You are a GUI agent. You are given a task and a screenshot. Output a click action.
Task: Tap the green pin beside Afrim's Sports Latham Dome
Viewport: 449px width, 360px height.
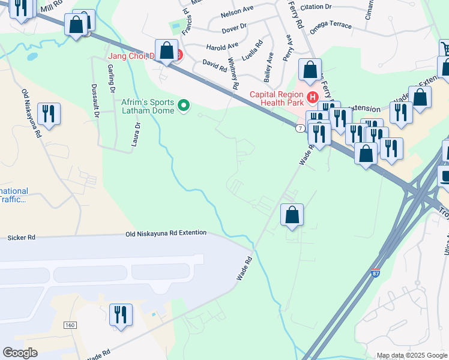point(185,107)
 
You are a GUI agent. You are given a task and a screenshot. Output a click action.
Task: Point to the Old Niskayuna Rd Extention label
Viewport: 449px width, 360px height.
point(166,233)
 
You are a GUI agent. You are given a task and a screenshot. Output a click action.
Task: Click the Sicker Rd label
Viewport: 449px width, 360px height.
point(21,238)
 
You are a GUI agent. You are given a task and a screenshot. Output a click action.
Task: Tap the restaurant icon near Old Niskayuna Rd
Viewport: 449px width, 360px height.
point(47,114)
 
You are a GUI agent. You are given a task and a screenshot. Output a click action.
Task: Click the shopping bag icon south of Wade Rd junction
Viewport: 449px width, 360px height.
point(292,215)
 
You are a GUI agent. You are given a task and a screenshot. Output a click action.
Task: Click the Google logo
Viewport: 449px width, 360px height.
point(20,353)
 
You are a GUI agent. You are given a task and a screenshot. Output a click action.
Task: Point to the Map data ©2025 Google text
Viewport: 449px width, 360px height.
point(412,355)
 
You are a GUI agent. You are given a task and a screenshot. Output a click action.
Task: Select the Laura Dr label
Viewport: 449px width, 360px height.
point(136,134)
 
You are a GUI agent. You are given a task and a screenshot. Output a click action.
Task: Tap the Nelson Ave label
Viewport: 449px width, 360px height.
point(237,13)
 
